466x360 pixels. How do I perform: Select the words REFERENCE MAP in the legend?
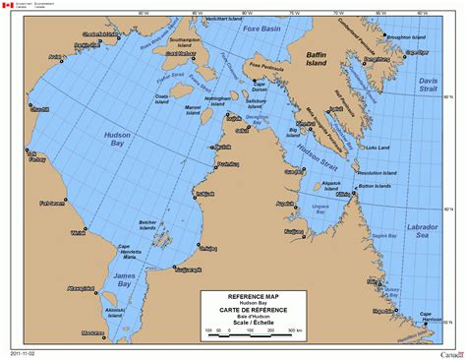pos(249,296)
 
